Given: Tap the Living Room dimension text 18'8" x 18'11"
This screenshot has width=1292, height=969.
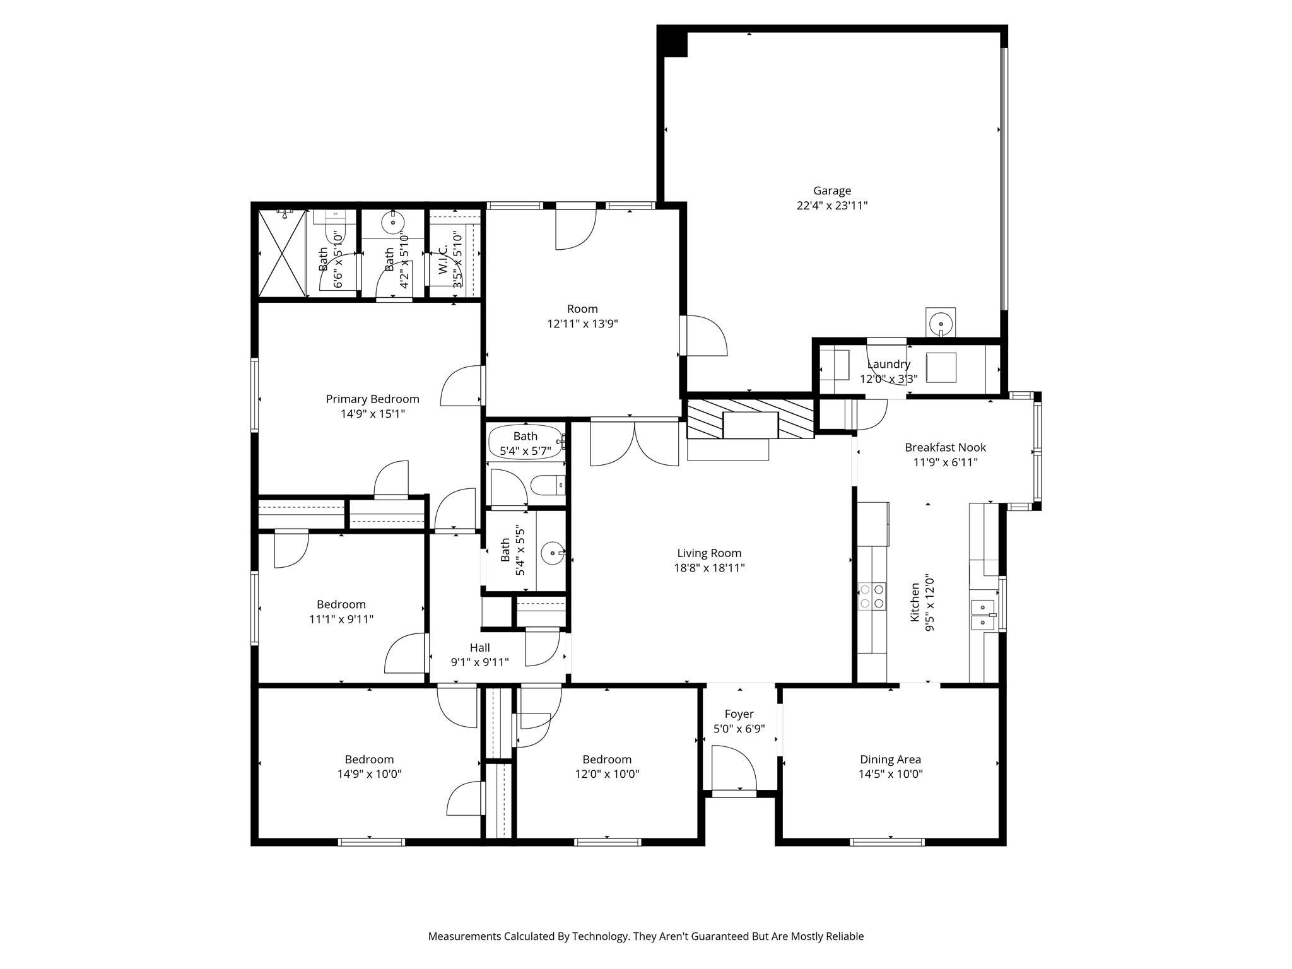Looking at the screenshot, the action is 709,568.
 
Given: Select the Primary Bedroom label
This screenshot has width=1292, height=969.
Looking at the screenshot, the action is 372,399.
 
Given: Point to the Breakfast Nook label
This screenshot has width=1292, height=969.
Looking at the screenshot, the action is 945,447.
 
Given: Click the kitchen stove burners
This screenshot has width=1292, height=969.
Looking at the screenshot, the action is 871,596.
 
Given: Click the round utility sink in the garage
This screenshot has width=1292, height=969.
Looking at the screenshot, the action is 941,322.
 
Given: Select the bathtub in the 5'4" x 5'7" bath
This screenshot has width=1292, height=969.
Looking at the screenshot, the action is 526,442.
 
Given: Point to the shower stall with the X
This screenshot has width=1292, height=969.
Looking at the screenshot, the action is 282,253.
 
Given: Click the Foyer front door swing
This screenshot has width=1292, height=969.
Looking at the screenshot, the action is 734,767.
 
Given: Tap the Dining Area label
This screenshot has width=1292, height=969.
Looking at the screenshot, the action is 890,760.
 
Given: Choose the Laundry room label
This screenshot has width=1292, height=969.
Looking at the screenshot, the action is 888,364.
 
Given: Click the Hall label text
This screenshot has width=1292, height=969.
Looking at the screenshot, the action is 479,648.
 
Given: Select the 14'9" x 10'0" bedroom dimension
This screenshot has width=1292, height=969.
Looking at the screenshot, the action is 369,774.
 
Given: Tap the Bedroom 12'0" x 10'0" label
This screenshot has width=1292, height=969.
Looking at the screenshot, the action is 607,766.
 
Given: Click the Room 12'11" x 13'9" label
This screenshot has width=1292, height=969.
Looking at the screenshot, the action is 582,316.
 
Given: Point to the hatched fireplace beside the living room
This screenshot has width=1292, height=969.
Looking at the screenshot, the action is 750,418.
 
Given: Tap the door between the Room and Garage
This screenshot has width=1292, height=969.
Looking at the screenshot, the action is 703,335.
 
